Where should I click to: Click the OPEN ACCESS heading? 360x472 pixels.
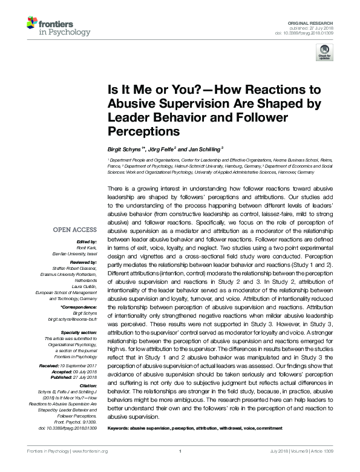click(x=74, y=230)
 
